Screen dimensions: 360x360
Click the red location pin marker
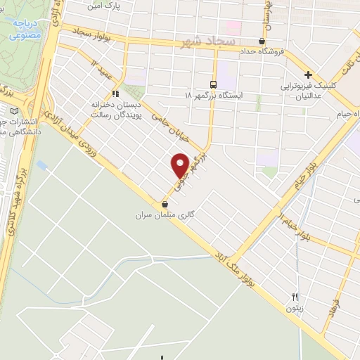(181, 165)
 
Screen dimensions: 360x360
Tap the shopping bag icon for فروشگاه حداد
(263, 41)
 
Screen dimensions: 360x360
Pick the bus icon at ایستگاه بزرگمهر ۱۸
(214, 83)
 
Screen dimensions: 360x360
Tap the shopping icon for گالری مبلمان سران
(165, 205)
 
